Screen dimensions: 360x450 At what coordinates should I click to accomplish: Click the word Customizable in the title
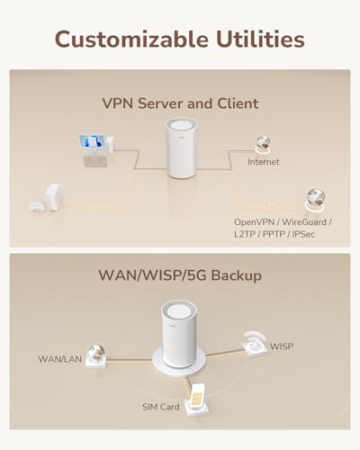[131, 40]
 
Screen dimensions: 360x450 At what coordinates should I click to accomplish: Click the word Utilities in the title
[260, 39]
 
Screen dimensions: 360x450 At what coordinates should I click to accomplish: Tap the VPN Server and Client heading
[180, 103]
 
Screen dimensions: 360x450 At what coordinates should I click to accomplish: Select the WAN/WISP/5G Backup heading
[180, 275]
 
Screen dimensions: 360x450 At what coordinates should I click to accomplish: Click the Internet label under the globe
[263, 162]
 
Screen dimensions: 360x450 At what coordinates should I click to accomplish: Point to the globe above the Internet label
[263, 142]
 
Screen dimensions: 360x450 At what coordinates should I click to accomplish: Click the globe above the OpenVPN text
[316, 197]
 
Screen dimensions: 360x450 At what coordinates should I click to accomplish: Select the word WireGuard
[304, 222]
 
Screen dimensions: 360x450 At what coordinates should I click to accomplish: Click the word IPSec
[303, 234]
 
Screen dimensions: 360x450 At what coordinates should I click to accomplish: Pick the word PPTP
[274, 234]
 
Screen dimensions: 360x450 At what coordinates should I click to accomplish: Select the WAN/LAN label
[59, 359]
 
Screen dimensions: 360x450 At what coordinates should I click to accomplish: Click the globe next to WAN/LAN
[95, 354]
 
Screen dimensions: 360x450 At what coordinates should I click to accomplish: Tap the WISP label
[282, 346]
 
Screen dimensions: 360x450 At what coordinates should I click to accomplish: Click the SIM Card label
[161, 407]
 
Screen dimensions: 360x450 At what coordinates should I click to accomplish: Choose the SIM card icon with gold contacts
[196, 394]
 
